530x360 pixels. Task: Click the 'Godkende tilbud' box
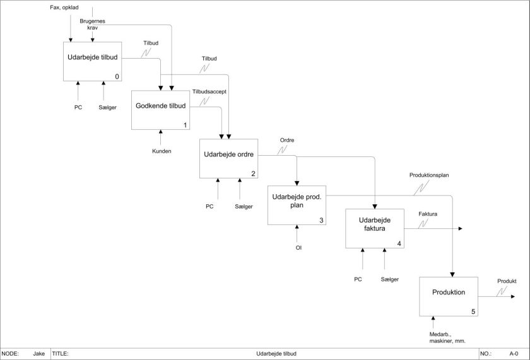pos(160,110)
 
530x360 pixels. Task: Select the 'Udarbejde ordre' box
pos(228,158)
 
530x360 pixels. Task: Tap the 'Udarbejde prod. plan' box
pos(297,205)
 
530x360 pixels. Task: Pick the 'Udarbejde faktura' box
pos(374,228)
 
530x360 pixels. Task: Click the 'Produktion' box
pos(449,296)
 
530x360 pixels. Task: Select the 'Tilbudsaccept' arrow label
pos(210,91)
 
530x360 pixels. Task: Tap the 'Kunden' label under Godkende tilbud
pos(162,151)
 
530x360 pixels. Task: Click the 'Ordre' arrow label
pos(287,140)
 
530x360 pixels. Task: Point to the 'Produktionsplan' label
pos(429,175)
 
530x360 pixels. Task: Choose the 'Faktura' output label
pos(428,214)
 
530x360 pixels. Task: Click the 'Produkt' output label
pos(507,281)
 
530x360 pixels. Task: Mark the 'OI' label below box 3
pos(298,248)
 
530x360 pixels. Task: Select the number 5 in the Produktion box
pos(473,311)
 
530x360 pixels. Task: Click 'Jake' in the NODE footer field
pos(39,354)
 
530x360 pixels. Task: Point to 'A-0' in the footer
pos(514,354)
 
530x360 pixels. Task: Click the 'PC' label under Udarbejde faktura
pos(358,279)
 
